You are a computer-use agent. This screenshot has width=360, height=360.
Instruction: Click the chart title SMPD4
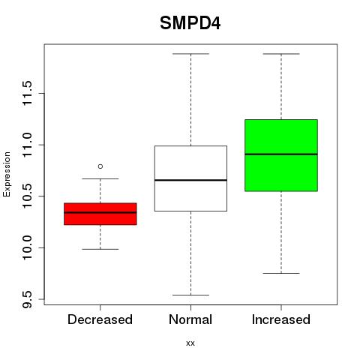(x=190, y=23)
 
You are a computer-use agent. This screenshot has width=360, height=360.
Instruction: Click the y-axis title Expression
(x=7, y=174)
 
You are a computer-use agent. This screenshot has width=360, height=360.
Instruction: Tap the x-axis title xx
(x=190, y=343)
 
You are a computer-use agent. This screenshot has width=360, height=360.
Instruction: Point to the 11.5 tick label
(x=27, y=93)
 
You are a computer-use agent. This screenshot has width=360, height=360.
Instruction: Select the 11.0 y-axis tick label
(x=27, y=145)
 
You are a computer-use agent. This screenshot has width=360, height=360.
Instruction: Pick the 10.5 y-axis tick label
(x=27, y=196)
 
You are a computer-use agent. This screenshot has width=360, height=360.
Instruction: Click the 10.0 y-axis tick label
(x=27, y=247)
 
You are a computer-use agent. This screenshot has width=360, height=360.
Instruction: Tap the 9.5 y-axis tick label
(x=27, y=299)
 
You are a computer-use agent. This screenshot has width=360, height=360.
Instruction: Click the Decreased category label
(x=100, y=319)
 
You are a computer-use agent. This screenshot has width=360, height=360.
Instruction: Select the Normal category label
(x=190, y=319)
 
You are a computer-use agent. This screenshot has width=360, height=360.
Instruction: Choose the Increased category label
(x=281, y=319)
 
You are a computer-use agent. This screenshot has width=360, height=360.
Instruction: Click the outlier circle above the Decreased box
(x=100, y=166)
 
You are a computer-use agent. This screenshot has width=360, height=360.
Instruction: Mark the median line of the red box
(x=100, y=212)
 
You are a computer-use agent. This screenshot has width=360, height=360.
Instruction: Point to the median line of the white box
(x=190, y=180)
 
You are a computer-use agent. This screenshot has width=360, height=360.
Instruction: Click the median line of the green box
(x=281, y=154)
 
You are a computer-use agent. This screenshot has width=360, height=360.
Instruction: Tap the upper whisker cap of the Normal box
(x=190, y=54)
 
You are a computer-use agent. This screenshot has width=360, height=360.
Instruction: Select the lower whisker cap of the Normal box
(x=190, y=295)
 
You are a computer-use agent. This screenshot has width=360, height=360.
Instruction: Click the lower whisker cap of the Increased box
(x=281, y=273)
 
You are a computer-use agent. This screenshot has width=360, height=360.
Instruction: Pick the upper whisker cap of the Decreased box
(x=100, y=178)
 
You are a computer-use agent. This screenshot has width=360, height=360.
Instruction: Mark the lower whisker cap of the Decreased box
(x=100, y=249)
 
